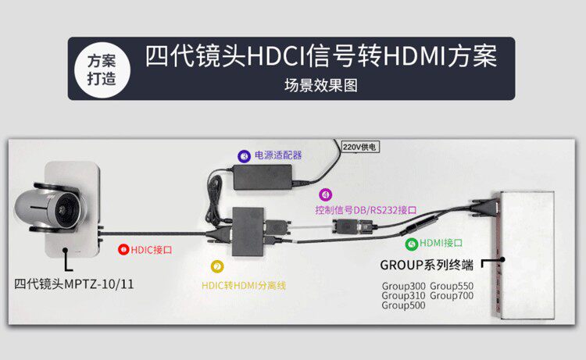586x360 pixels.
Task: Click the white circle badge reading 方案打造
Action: point(99,69)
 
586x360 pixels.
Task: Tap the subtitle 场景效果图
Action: point(320,86)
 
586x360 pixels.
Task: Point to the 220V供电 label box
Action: point(360,146)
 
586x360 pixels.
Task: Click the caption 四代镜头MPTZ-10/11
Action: point(74,284)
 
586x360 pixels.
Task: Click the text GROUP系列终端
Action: point(427,264)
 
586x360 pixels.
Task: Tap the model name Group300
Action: point(403,286)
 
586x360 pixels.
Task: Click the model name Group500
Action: point(403,306)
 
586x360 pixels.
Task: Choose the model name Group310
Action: point(403,296)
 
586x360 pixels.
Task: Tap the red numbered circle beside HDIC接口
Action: point(123,250)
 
